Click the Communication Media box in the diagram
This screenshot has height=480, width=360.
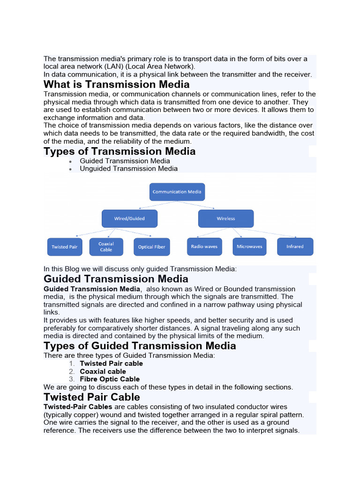point(177,192)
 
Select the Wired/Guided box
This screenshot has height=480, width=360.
point(129,218)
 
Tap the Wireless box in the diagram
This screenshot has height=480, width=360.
point(225,218)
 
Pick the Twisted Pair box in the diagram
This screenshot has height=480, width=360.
point(65,247)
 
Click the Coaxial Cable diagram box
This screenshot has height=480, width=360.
point(106,247)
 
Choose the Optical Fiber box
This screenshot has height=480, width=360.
point(151,247)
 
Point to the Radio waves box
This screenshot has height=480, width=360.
point(204,247)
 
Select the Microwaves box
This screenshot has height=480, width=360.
point(249,247)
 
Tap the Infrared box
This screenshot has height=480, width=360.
point(295,247)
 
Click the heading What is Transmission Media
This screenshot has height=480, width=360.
point(116,84)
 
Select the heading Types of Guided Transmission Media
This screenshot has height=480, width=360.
point(140,346)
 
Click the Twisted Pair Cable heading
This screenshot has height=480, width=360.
point(91,397)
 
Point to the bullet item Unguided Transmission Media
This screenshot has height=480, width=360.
point(128,169)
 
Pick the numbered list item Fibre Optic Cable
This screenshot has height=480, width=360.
point(110,379)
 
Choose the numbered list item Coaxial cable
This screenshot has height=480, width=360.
point(103,371)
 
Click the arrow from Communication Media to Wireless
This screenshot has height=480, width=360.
point(197,205)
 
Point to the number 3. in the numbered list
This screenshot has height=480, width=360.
point(71,379)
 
